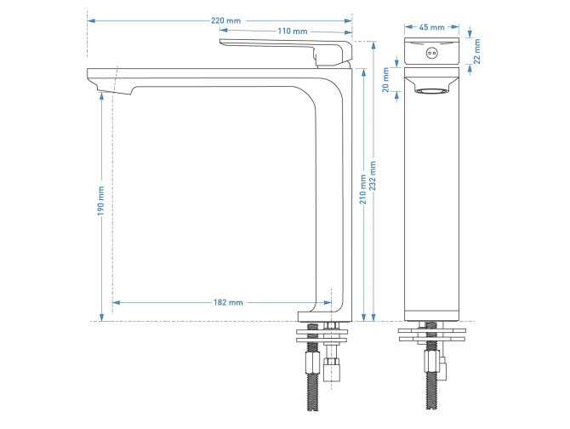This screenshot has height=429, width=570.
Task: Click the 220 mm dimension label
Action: [x=225, y=20]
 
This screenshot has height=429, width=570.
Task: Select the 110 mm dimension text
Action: [x=293, y=31]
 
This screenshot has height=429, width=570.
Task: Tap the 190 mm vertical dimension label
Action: [x=100, y=201]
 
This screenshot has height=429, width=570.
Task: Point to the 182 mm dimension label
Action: [x=228, y=302]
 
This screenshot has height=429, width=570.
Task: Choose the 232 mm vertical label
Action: [x=373, y=176]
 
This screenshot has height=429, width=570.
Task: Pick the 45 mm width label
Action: [x=431, y=27]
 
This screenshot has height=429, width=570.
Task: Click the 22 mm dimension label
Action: [x=477, y=52]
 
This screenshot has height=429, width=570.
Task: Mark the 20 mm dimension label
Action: [x=385, y=80]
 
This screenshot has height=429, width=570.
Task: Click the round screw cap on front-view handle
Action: [x=432, y=53]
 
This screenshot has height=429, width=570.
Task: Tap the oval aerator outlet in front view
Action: [x=432, y=91]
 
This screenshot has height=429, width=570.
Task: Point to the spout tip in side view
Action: [x=110, y=89]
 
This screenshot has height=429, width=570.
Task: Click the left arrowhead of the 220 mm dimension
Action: [x=91, y=20]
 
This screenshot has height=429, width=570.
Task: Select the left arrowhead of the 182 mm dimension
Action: [x=117, y=302]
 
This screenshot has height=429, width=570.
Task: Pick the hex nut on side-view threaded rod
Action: [x=431, y=361]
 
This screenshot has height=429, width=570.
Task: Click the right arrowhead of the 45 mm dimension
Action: [x=455, y=27]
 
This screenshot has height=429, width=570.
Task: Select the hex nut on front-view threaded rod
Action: [x=312, y=363]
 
